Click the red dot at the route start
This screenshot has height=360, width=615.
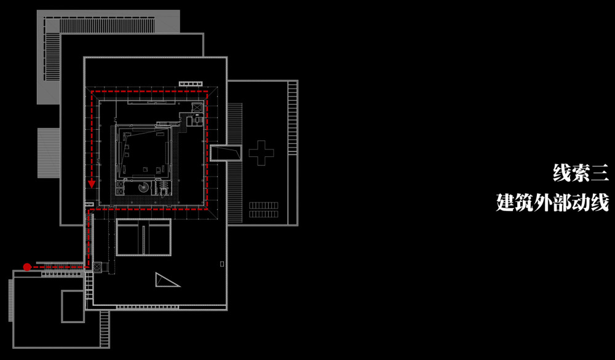click(x=27, y=266)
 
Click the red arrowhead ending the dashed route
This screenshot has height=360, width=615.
click(x=92, y=183)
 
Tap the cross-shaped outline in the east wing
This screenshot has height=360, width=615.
click(x=261, y=152)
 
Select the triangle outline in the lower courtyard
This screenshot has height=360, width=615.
click(x=166, y=280)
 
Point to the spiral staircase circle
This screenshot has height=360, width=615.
click(x=143, y=187)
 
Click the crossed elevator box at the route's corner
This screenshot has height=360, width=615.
click(x=97, y=266)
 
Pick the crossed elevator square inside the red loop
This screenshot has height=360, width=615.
click(x=197, y=108)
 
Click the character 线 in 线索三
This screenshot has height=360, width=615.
click(x=562, y=172)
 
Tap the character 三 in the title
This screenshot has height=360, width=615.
click(x=599, y=172)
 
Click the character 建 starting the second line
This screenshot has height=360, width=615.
click(x=507, y=202)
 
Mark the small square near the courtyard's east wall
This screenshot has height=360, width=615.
click(x=219, y=263)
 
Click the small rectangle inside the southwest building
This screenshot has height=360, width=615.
click(x=73, y=306)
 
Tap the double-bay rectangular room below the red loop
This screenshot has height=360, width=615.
click(x=143, y=237)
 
